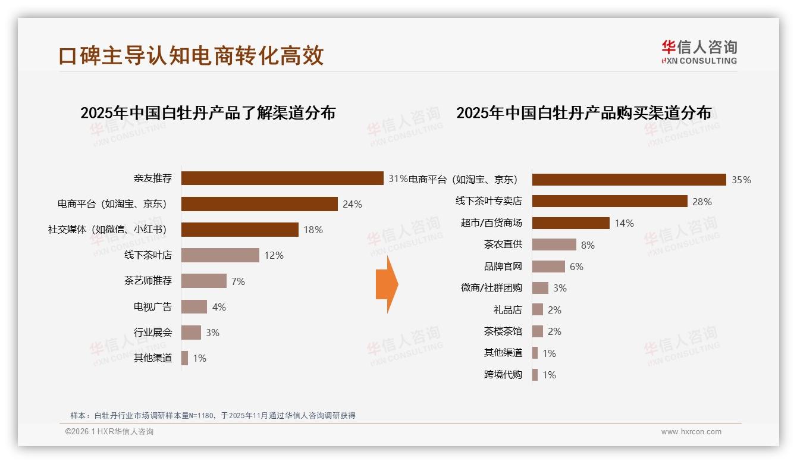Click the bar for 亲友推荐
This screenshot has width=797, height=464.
[x=282, y=178]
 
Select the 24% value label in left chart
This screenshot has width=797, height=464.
[x=352, y=204]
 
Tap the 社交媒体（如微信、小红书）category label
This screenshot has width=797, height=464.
[x=107, y=230]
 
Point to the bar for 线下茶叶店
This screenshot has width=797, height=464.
[x=220, y=255]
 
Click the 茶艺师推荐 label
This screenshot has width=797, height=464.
[x=148, y=281]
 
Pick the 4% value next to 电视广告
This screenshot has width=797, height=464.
[x=219, y=307]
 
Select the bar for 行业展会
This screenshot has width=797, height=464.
[x=191, y=333]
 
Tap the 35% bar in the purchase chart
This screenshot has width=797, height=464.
[x=629, y=180]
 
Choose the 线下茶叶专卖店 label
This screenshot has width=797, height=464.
[x=488, y=201]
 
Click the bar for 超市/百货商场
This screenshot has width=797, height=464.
[x=570, y=223]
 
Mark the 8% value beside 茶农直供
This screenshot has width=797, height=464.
[x=588, y=245]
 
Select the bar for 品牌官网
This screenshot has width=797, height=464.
[x=548, y=267]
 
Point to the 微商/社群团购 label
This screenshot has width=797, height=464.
[x=491, y=288]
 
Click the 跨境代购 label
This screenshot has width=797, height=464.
[x=503, y=375]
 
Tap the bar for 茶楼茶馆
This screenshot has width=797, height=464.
[x=537, y=331]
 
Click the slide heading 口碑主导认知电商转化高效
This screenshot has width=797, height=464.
[x=191, y=55]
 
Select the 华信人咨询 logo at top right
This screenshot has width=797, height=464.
[x=699, y=52]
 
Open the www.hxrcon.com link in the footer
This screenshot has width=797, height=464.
[x=691, y=432]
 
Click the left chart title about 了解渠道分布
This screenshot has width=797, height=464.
[x=208, y=112]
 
